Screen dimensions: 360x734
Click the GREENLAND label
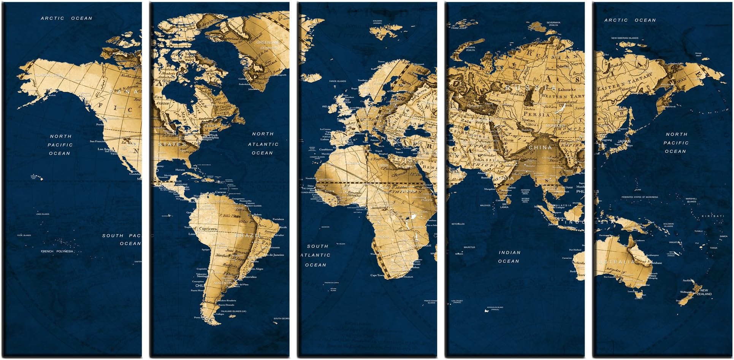[x=268, y=42]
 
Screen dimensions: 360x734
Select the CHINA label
[x=540, y=147]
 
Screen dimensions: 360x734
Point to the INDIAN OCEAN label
[x=509, y=257]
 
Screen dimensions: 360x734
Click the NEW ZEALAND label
[x=704, y=292]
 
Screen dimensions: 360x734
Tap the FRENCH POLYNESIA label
[x=57, y=251]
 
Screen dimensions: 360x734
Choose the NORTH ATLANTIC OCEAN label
[x=263, y=143]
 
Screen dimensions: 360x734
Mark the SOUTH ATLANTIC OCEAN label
[x=316, y=255]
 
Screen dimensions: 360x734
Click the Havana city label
[x=180, y=170]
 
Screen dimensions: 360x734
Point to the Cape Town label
[x=377, y=275]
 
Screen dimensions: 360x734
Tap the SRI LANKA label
[x=504, y=206]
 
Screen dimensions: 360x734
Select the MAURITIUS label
[x=469, y=247]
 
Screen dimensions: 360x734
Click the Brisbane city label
[x=656, y=263]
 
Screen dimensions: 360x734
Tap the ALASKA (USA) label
[x=50, y=75]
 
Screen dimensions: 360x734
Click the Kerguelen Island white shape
[x=486, y=311]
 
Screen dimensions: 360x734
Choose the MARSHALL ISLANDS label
[x=691, y=200]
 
